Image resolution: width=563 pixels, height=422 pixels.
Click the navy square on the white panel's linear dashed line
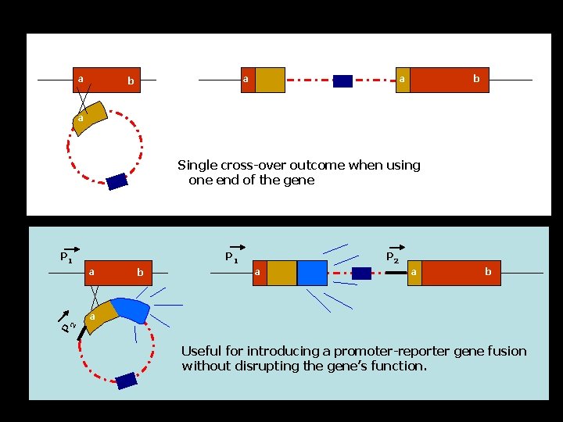pyautogui.click(x=342, y=80)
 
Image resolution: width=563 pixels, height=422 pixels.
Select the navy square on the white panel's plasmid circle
pyautogui.click(x=117, y=181)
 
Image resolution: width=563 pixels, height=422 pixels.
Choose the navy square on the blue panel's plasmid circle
pyautogui.click(x=127, y=381)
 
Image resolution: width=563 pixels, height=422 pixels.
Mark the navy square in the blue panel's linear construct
pyautogui.click(x=361, y=273)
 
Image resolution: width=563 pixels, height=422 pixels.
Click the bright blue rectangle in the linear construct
pyautogui.click(x=312, y=273)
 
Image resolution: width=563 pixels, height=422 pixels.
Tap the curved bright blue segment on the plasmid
pyautogui.click(x=131, y=310)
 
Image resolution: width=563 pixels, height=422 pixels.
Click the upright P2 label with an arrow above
pyautogui.click(x=393, y=256)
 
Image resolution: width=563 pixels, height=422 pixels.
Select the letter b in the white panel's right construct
pyautogui.click(x=475, y=79)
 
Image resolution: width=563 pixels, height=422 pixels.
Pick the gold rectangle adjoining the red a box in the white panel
pyautogui.click(x=270, y=80)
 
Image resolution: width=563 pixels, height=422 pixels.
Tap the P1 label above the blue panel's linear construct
pyautogui.click(x=231, y=256)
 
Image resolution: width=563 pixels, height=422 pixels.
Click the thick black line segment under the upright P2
pyautogui.click(x=396, y=273)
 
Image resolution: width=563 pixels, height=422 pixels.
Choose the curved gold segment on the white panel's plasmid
pyautogui.click(x=91, y=116)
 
